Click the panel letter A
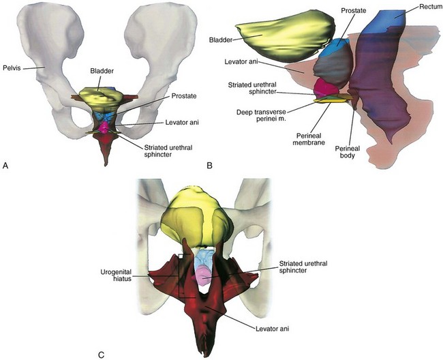pyautogui.click(x=6, y=165)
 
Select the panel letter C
pyautogui.click(x=102, y=354)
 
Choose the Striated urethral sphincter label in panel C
pyautogui.click(x=304, y=270)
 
